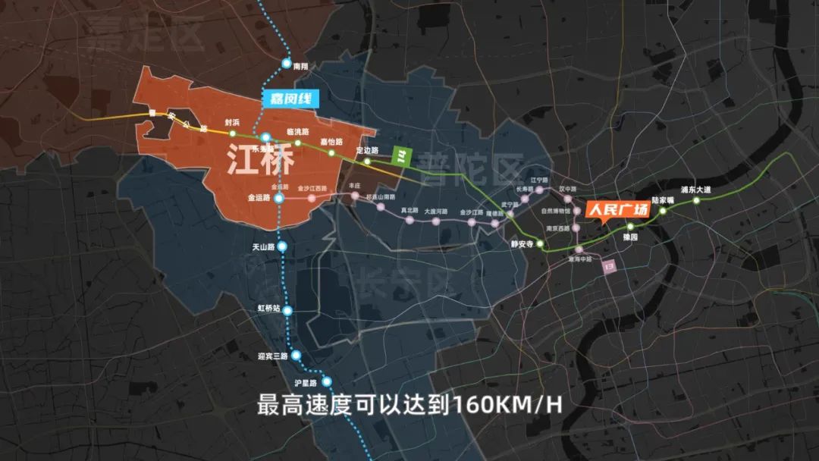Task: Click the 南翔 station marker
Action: click(x=287, y=64)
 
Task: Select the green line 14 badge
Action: click(x=401, y=156)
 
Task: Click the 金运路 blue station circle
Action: click(x=279, y=198)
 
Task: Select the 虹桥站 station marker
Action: click(x=288, y=310)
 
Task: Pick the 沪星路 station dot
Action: click(x=327, y=381)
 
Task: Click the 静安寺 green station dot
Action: click(x=541, y=244)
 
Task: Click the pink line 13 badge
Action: click(x=608, y=267)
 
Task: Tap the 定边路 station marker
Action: click(x=368, y=161)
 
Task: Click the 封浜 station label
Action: click(x=231, y=122)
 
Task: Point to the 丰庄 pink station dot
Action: click(x=355, y=196)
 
